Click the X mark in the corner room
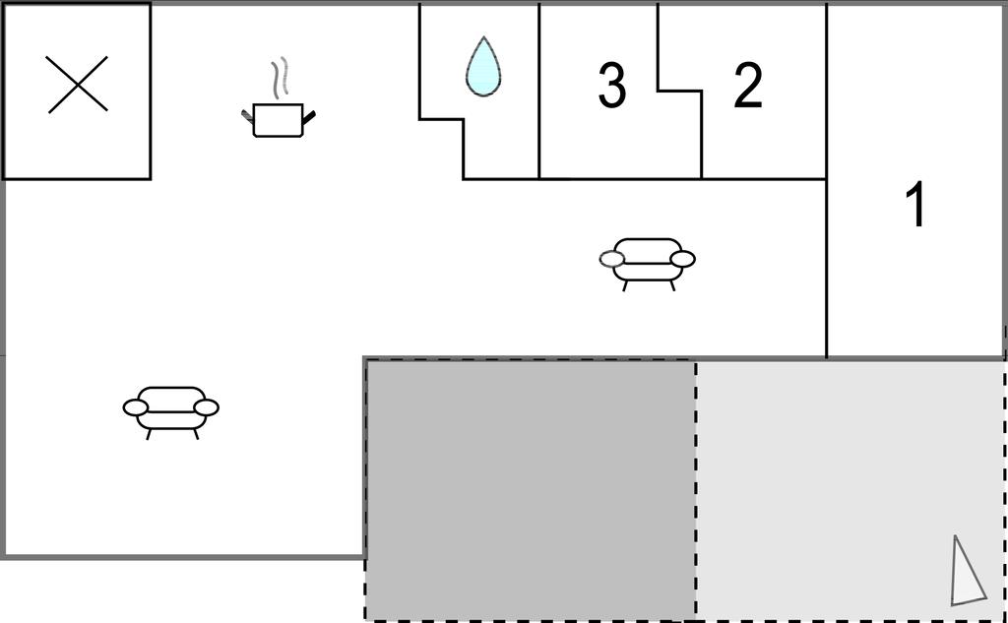pos(77,85)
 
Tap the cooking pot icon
pos(278,120)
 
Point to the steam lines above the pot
pos(279,79)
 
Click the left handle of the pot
pos(247,116)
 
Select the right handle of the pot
pos(308,116)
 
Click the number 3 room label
pos(611,85)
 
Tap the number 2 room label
pos(748,85)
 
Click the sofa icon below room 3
pos(648,264)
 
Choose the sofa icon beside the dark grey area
pos(171,412)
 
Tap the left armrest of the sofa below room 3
pos(612,259)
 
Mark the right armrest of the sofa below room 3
pos(683,259)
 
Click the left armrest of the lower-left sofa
pos(136,407)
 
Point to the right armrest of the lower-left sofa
pos(207,407)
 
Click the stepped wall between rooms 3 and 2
pos(679,91)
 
